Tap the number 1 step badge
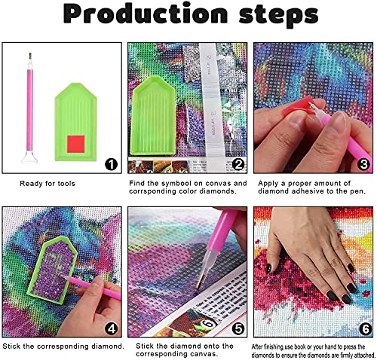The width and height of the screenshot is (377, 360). pyautogui.click(x=110, y=164)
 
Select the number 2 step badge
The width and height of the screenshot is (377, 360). pyautogui.click(x=238, y=164)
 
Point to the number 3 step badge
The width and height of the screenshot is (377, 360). pyautogui.click(x=363, y=164)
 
